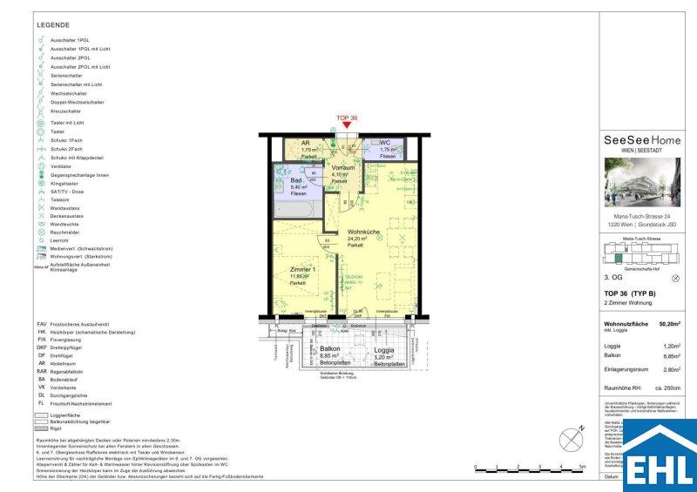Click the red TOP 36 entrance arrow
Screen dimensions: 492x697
[x=347, y=126]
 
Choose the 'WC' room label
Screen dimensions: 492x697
[x=384, y=143]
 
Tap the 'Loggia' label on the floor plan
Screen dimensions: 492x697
[x=384, y=349]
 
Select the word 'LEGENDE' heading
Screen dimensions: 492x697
[x=54, y=25]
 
